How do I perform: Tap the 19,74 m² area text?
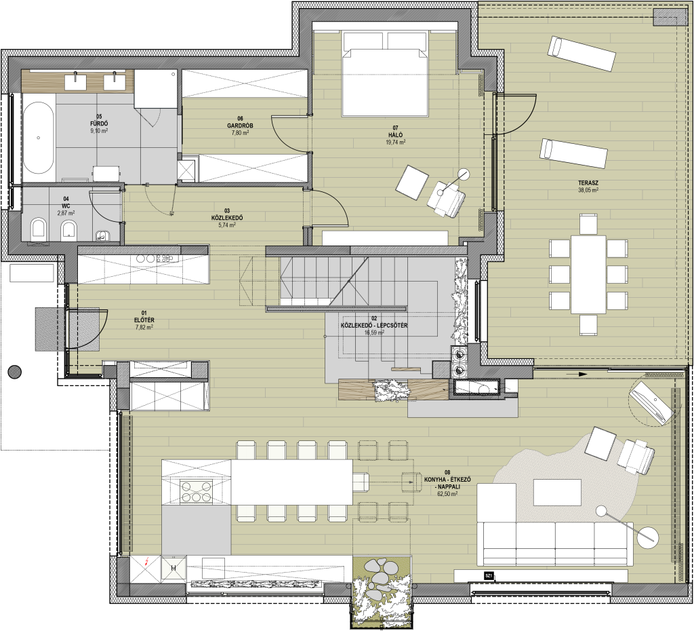(x=396, y=142)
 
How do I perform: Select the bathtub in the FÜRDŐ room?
(x=39, y=138)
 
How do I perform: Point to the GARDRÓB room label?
(x=241, y=126)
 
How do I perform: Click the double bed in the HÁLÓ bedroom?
(x=385, y=74)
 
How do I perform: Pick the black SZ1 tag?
(x=489, y=576)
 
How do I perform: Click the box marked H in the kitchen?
(x=173, y=568)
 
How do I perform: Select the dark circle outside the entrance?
(x=15, y=370)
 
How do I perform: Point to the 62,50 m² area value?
(x=447, y=493)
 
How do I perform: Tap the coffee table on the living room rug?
(x=557, y=493)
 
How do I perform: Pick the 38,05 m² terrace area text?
(x=588, y=190)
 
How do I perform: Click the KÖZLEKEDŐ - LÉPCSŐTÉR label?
(x=374, y=325)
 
